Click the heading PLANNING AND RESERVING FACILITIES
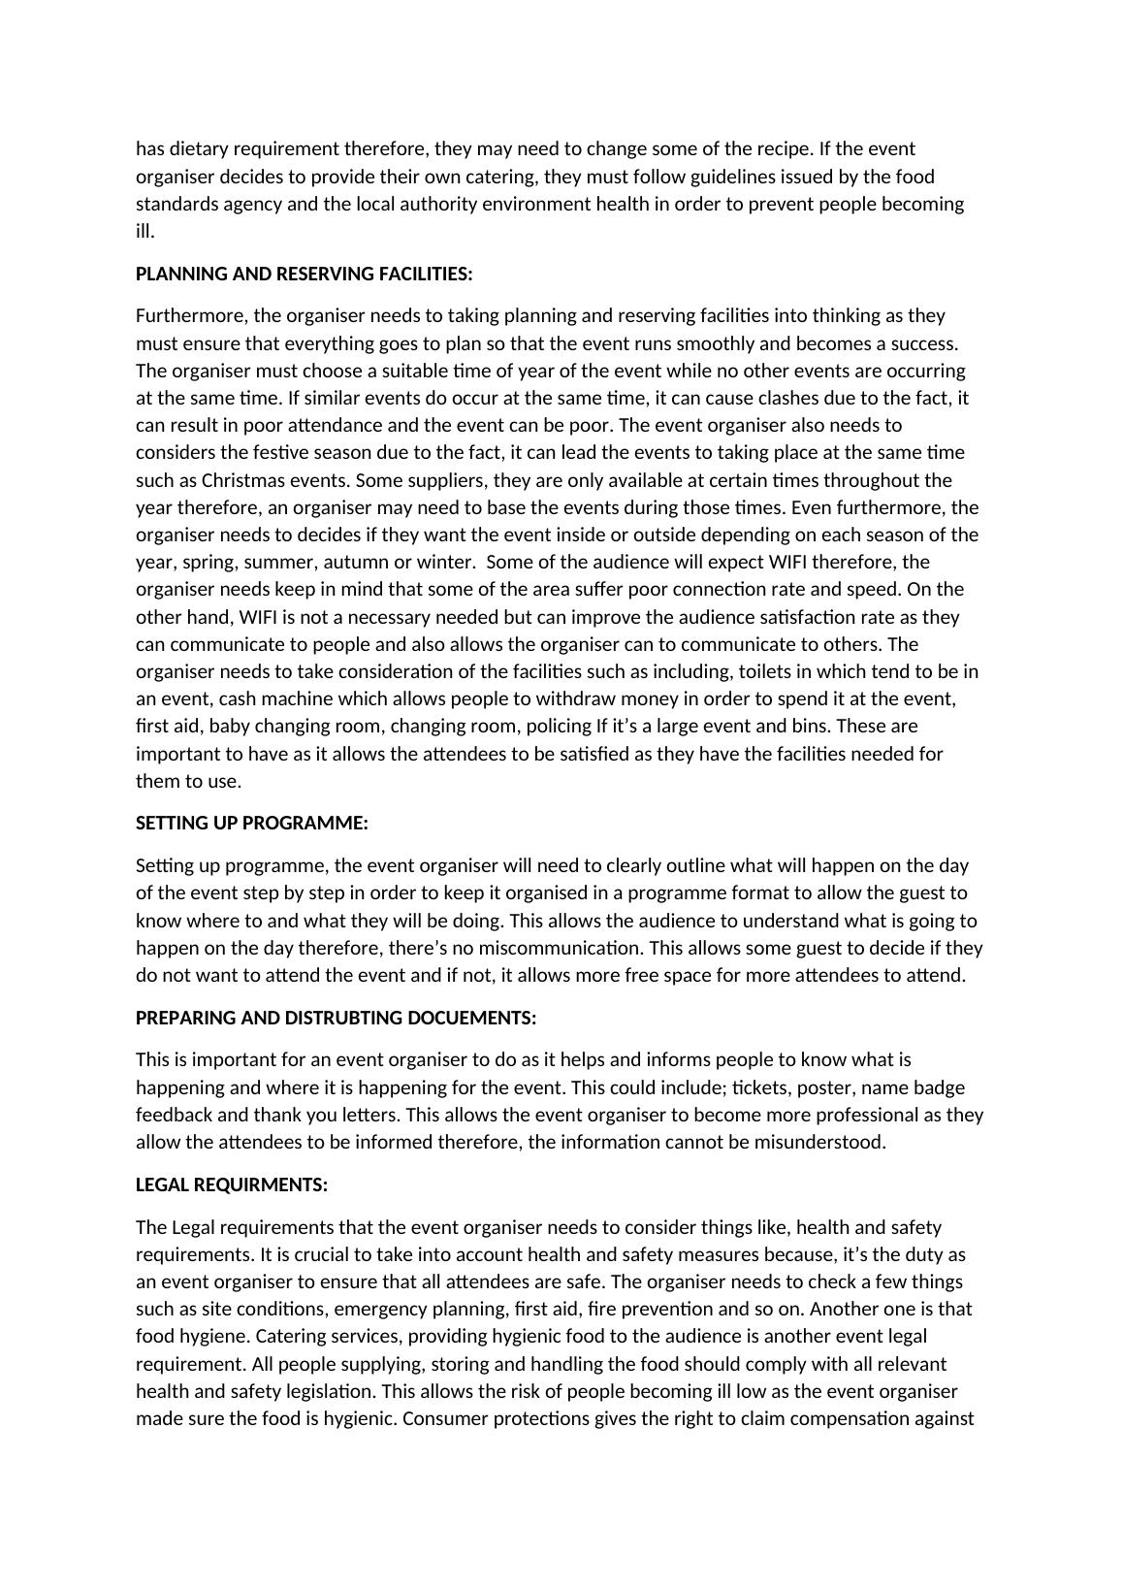tap(304, 274)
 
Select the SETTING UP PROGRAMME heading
tap(251, 823)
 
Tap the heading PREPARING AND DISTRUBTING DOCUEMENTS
tap(336, 1018)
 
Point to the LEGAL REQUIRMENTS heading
tap(231, 1184)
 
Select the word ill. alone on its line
tap(144, 231)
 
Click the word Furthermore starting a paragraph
tap(190, 315)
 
